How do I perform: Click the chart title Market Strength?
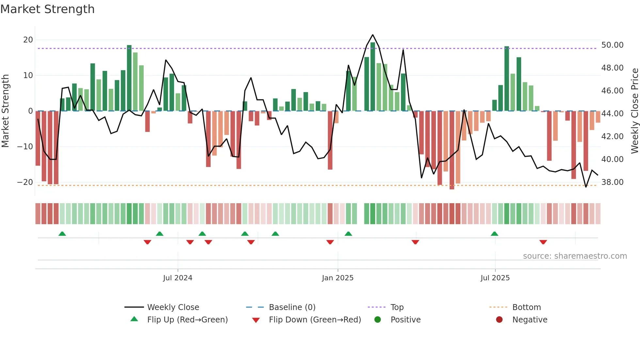point(47,9)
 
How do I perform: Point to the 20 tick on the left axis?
point(28,40)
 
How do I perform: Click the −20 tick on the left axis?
point(25,182)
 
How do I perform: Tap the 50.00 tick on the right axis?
point(612,45)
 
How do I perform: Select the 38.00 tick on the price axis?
point(612,182)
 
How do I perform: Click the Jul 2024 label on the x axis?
point(178,278)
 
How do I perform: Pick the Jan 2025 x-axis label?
point(338,278)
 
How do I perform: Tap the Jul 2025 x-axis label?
point(495,278)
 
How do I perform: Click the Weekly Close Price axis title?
point(634,111)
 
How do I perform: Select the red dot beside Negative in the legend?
point(499,320)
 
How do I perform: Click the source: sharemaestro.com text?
point(575,256)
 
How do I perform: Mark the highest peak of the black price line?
point(373,35)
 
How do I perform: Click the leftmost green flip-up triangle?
point(62,234)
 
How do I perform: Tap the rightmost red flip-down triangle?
point(543,242)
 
